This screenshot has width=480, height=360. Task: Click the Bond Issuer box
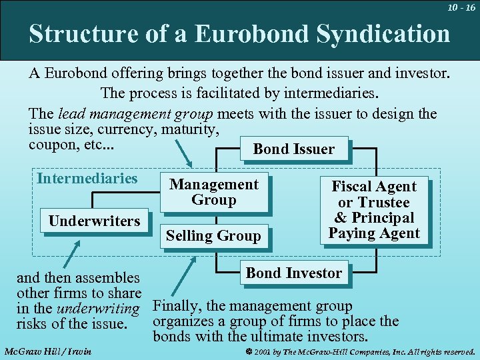(293, 149)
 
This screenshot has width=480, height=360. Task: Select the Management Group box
(214, 192)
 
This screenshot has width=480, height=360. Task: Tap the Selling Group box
(213, 235)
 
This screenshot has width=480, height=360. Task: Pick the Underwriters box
(94, 221)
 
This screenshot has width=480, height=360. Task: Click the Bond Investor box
(293, 273)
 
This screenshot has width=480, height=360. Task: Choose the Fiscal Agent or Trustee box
(373, 209)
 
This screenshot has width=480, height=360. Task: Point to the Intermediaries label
(87, 178)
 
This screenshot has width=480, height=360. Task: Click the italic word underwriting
(98, 309)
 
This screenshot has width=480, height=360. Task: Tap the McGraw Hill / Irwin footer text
(47, 351)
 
